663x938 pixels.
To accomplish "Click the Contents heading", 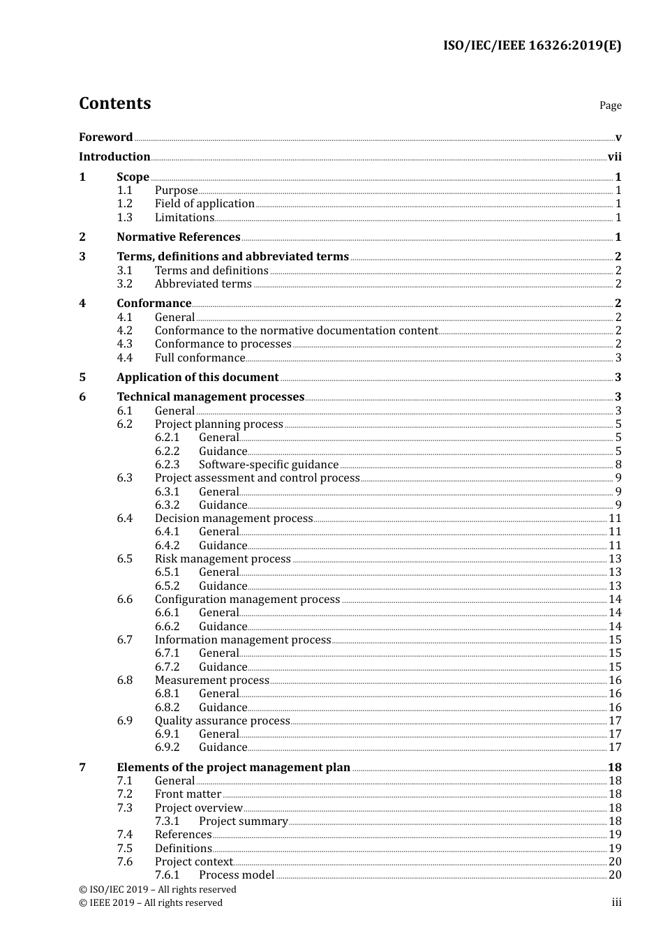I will click(114, 103).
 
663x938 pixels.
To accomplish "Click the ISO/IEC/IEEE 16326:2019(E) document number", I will click(532, 45).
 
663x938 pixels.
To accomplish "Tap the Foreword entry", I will click(105, 137).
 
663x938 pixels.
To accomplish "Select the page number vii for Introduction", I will click(614, 157).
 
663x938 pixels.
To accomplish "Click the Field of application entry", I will click(204, 204).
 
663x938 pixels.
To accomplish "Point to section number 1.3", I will click(124, 217).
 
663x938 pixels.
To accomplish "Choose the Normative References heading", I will click(178, 237).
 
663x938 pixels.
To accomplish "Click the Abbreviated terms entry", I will click(203, 284).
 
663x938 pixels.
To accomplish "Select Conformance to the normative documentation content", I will click(296, 331).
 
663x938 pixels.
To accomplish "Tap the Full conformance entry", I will click(200, 358).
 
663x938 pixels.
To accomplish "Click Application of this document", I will click(198, 378).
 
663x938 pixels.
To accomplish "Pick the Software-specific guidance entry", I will click(269, 465).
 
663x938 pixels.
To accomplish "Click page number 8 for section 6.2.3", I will click(618, 465).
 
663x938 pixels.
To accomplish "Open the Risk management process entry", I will click(223, 559).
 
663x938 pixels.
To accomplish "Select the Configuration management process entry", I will click(247, 600).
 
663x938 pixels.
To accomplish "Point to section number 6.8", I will click(124, 680).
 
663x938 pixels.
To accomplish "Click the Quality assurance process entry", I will click(222, 721).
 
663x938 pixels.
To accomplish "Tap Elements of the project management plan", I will click(233, 768).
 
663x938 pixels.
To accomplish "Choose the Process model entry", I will click(237, 875).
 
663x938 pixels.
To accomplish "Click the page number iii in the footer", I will click(616, 902).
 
